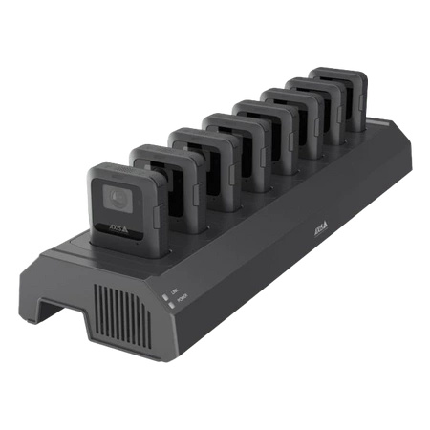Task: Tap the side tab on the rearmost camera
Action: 363,99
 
